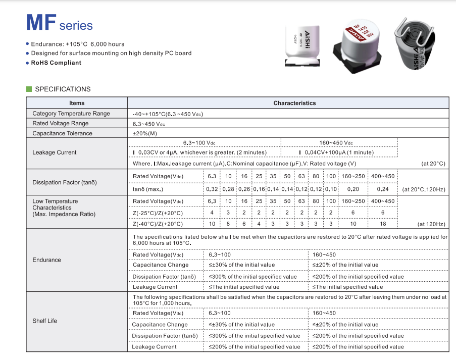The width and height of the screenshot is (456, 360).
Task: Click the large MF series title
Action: point(59,23)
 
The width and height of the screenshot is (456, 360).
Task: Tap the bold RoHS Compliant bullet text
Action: point(56,63)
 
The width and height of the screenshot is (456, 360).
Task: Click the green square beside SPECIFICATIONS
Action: point(29,89)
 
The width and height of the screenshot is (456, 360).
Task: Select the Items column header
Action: point(77,103)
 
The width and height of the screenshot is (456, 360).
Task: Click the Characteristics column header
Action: point(294,103)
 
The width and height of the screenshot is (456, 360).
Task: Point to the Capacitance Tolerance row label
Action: point(62,133)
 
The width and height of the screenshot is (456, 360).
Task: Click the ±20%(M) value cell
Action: point(145,133)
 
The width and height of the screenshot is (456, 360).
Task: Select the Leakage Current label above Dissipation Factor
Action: point(55,152)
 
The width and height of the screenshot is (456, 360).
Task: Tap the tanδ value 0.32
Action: point(212,189)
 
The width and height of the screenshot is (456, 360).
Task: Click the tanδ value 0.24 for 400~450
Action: point(383,189)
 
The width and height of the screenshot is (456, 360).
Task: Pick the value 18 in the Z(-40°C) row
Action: point(383,224)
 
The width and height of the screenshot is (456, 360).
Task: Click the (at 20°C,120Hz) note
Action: point(424,189)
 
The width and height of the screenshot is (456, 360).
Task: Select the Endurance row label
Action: point(46,260)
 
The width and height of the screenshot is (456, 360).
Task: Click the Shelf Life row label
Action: point(45,321)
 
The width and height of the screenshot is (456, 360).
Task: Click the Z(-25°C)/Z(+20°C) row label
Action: point(158,213)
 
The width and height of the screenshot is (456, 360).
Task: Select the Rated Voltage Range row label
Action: point(60,123)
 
